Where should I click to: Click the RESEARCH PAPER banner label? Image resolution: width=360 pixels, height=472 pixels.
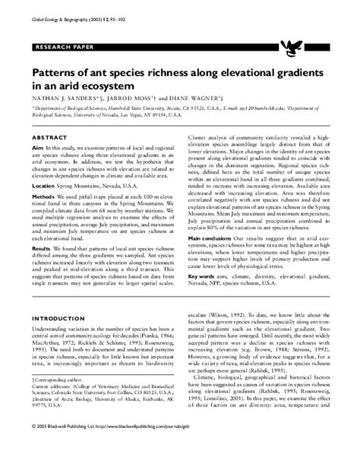(x=57, y=48)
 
